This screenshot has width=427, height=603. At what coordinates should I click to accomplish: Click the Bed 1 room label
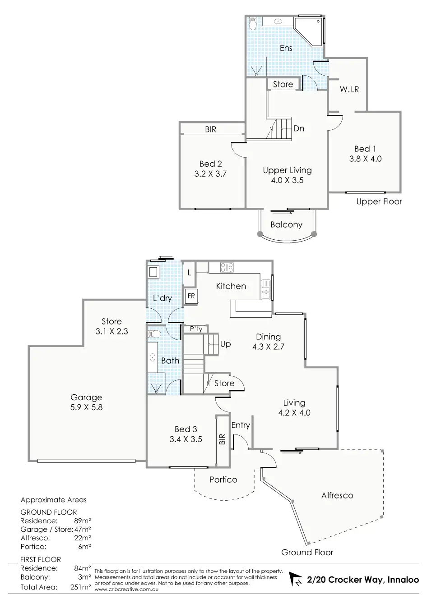point(365,149)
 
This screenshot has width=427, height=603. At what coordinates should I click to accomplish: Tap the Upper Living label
point(287,170)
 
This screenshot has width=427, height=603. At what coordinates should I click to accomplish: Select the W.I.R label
point(349,89)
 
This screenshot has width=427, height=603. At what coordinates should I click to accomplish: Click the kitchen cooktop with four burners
point(227,267)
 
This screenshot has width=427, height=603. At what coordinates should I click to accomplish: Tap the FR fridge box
point(191,297)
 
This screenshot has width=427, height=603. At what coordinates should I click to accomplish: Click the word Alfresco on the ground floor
point(337,495)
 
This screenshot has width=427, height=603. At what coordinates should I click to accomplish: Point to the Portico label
point(223,480)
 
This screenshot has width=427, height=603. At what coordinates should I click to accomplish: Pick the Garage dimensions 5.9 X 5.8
point(86,407)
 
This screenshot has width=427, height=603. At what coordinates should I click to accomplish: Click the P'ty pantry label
point(196,329)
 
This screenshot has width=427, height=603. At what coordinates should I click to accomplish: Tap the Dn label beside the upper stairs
point(299,128)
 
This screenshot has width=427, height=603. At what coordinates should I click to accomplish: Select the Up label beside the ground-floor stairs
point(225,344)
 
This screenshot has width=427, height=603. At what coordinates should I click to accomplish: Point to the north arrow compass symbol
point(295,580)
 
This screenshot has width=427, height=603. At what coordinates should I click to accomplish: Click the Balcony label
point(286,224)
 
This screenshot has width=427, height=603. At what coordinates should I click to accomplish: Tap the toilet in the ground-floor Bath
point(155,335)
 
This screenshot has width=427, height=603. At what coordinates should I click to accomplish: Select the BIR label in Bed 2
point(210,129)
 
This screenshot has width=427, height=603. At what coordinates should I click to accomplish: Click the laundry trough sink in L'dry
point(153,272)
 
